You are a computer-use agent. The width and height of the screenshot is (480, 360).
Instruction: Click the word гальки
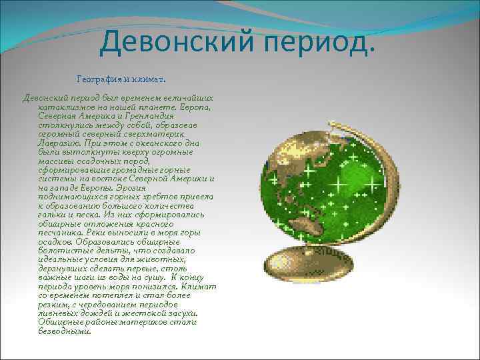55,215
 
